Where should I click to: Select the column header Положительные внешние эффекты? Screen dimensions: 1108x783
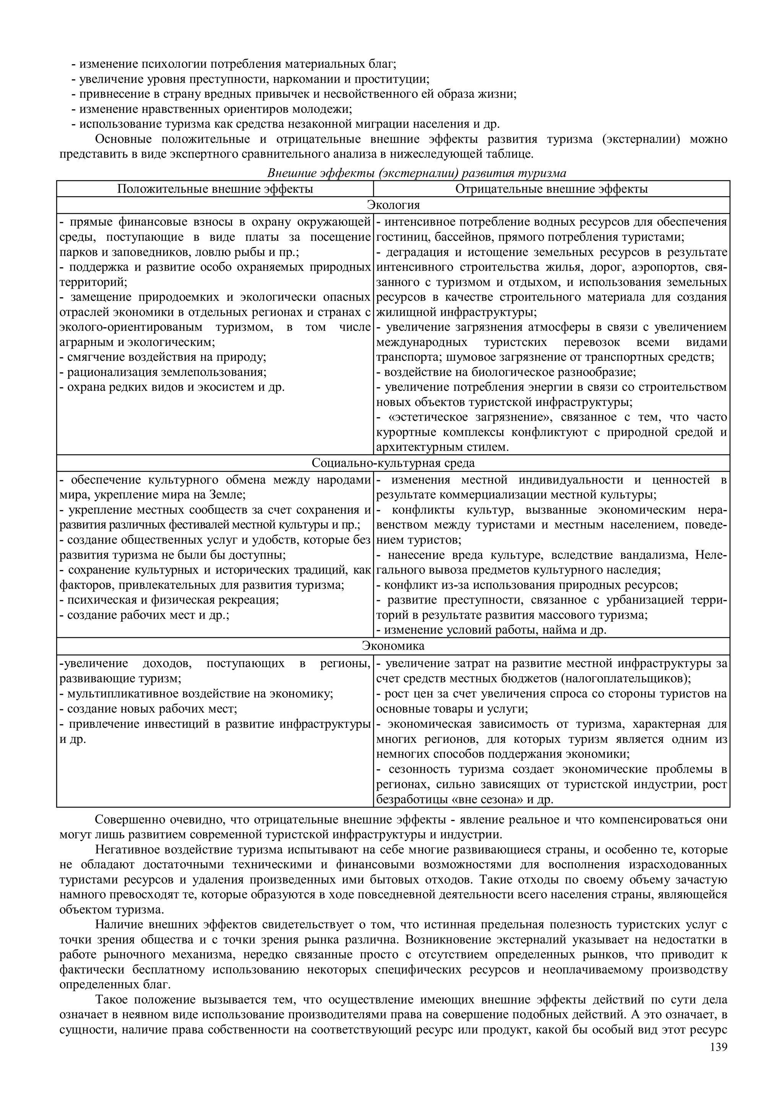click(215, 189)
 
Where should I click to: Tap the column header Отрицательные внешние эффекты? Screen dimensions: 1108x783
click(551, 189)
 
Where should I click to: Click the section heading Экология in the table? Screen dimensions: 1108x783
click(393, 205)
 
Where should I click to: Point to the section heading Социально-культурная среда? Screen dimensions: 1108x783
click(393, 463)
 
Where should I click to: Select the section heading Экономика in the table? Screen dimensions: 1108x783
click(393, 646)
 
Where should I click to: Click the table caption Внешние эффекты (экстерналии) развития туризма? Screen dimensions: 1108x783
click(416, 173)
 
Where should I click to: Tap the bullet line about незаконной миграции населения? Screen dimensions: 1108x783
click(284, 124)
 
